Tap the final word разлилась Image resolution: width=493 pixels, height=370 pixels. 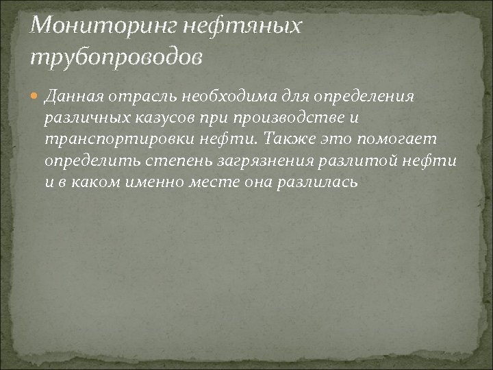point(318,184)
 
